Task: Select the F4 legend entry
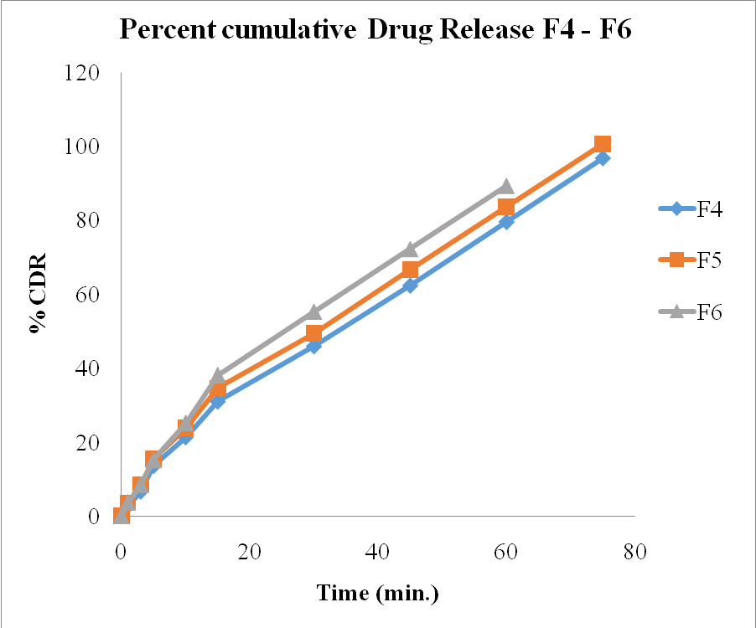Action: pos(692,209)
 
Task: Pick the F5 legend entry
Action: pos(692,260)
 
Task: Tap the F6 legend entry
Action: pos(692,311)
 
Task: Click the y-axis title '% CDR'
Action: pos(38,294)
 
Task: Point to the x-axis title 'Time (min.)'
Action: pos(378,593)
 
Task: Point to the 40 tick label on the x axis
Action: pos(378,553)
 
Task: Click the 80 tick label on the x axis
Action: pos(634,553)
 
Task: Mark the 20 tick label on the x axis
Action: pos(249,553)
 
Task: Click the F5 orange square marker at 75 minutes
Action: pos(602,144)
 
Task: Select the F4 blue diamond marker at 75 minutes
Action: pos(602,158)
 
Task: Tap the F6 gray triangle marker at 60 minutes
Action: pos(505,186)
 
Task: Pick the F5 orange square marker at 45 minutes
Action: pos(410,270)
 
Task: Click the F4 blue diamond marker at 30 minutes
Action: pos(313,346)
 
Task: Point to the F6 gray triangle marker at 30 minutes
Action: pos(313,312)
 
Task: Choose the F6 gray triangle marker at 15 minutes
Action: pos(218,375)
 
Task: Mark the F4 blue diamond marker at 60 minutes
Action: pos(505,222)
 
